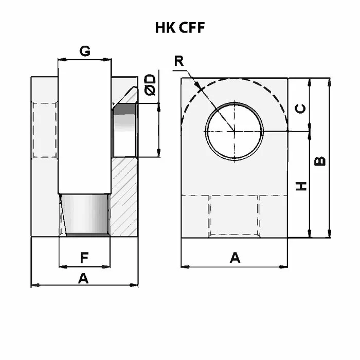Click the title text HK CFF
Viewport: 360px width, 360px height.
(x=180, y=28)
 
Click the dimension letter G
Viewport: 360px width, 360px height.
(x=85, y=51)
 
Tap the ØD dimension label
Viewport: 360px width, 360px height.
(x=150, y=84)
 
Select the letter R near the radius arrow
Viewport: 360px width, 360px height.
(x=178, y=61)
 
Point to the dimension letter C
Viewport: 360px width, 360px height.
(x=302, y=108)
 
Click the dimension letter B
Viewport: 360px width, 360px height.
(x=319, y=161)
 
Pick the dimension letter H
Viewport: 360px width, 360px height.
(x=302, y=185)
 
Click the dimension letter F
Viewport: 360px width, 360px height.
(x=85, y=256)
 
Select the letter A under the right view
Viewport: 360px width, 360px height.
(x=235, y=258)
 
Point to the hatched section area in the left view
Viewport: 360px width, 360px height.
(x=124, y=195)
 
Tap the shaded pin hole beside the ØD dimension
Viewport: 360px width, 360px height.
(x=124, y=131)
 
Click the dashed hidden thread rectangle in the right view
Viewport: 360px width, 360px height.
(x=234, y=216)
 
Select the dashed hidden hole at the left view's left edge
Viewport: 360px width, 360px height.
(x=44, y=131)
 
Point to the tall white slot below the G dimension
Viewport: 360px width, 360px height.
(x=85, y=123)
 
